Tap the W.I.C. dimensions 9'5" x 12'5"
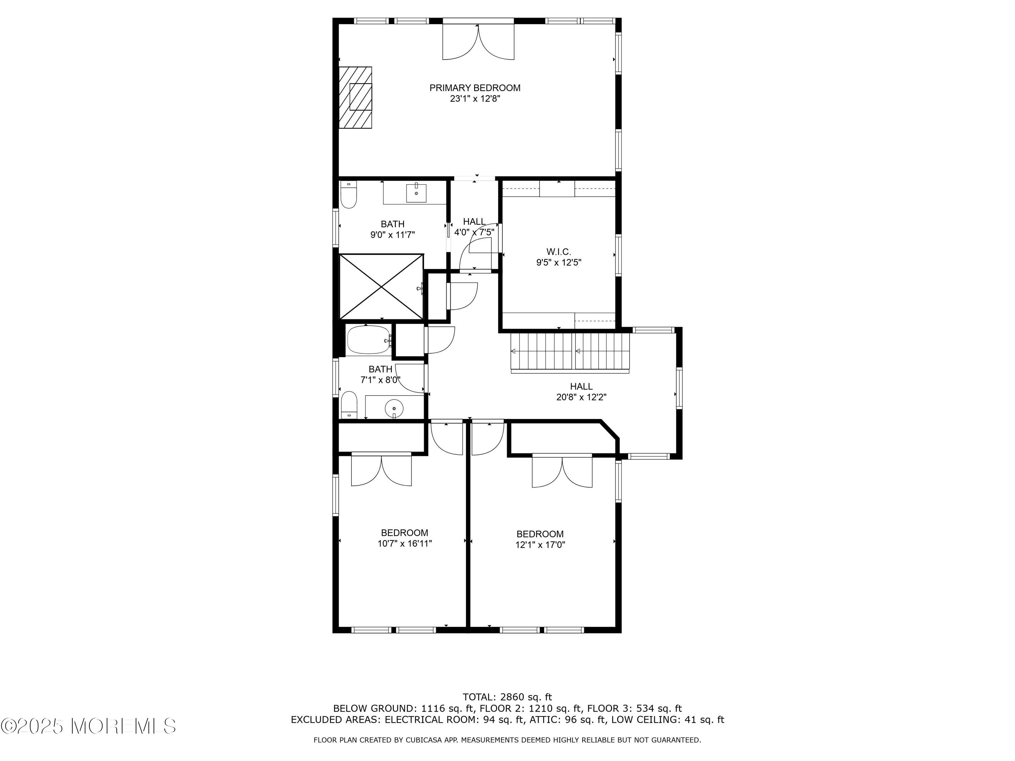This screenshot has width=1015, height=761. coord(559,263)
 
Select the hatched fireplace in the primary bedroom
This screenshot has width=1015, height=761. coord(355,97)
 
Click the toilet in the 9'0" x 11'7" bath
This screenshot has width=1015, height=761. coord(349,196)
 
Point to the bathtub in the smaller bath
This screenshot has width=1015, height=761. coord(368,340)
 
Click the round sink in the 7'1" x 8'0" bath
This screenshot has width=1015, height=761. coord(394,407)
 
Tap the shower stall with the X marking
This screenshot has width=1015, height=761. coord(381,287)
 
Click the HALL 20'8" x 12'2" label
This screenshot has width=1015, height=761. coord(581,392)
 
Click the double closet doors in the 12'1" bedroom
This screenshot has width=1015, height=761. coord(562,471)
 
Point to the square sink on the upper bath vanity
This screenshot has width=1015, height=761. coord(416,193)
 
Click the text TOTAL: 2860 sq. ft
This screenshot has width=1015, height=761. coord(507,697)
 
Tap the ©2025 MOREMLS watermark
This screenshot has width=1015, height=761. coord(88,726)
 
